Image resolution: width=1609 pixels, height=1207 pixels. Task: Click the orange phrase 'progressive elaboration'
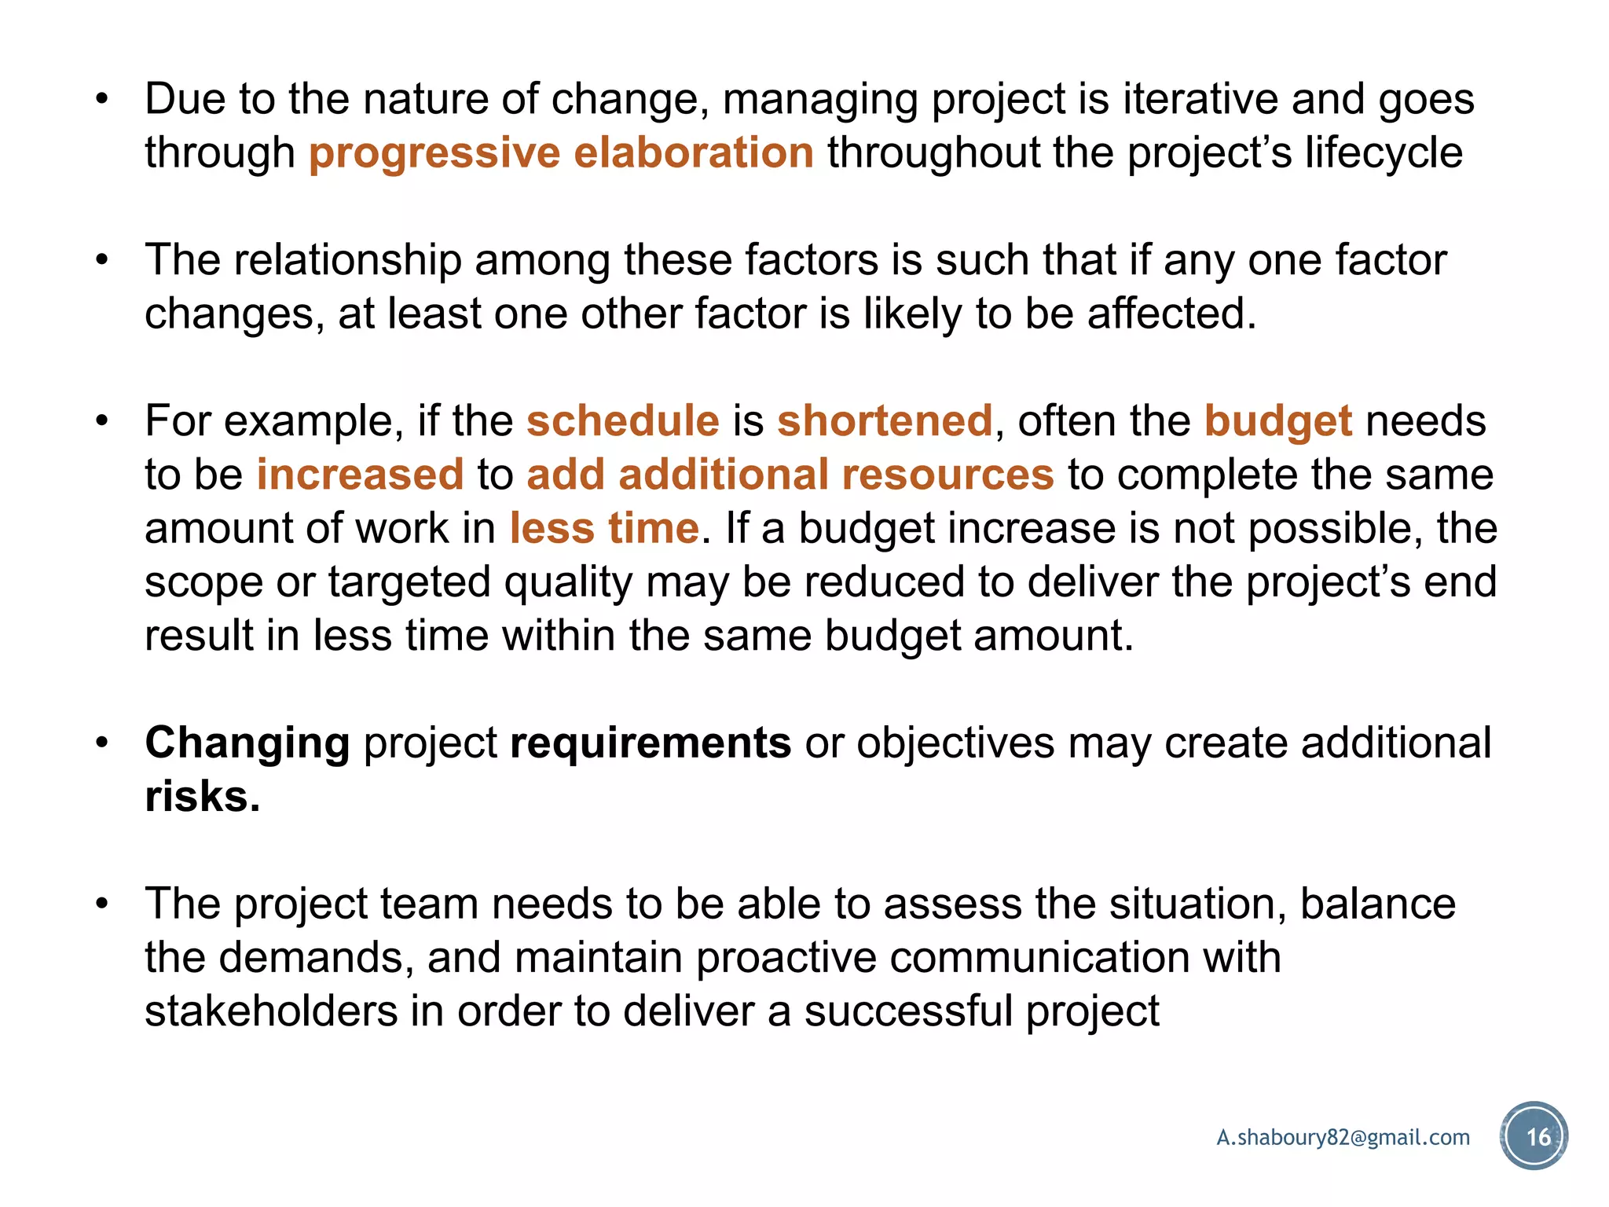click(561, 152)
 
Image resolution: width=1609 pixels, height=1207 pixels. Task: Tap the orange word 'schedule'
click(622, 420)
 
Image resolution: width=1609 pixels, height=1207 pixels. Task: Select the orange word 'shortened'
click(885, 420)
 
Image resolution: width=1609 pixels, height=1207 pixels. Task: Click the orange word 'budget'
click(1278, 422)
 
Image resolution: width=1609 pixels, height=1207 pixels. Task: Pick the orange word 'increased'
click(360, 475)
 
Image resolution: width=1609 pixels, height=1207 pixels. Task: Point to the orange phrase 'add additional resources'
click(790, 475)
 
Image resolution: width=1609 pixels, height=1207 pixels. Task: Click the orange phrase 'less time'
click(604, 527)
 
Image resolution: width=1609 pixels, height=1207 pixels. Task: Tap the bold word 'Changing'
click(247, 743)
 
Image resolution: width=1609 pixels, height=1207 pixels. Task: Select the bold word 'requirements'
click(650, 743)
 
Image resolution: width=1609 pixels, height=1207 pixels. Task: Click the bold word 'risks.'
click(202, 796)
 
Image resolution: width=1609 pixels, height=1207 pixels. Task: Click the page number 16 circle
click(1534, 1136)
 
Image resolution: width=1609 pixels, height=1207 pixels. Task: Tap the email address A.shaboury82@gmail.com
click(1343, 1137)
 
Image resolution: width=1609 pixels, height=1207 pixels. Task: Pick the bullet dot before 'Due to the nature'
click(101, 100)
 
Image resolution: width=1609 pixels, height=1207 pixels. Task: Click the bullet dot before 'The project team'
click(101, 904)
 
